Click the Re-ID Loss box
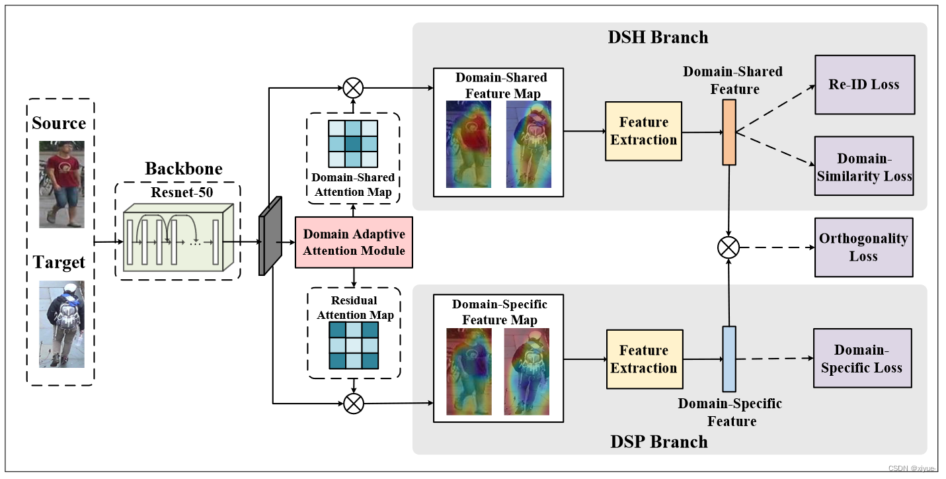864,85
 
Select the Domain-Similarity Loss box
864,167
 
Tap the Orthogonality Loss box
863,247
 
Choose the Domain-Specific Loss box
861,359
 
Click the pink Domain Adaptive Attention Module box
354,242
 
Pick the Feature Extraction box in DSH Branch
643,131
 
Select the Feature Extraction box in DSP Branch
644,359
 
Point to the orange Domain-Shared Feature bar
729,132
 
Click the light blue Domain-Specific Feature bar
729,359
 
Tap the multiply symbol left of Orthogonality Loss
729,248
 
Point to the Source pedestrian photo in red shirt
61,184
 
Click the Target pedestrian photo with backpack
61,324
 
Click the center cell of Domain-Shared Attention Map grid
353,144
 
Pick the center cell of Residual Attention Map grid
353,345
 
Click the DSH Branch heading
658,37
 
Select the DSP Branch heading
658,441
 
